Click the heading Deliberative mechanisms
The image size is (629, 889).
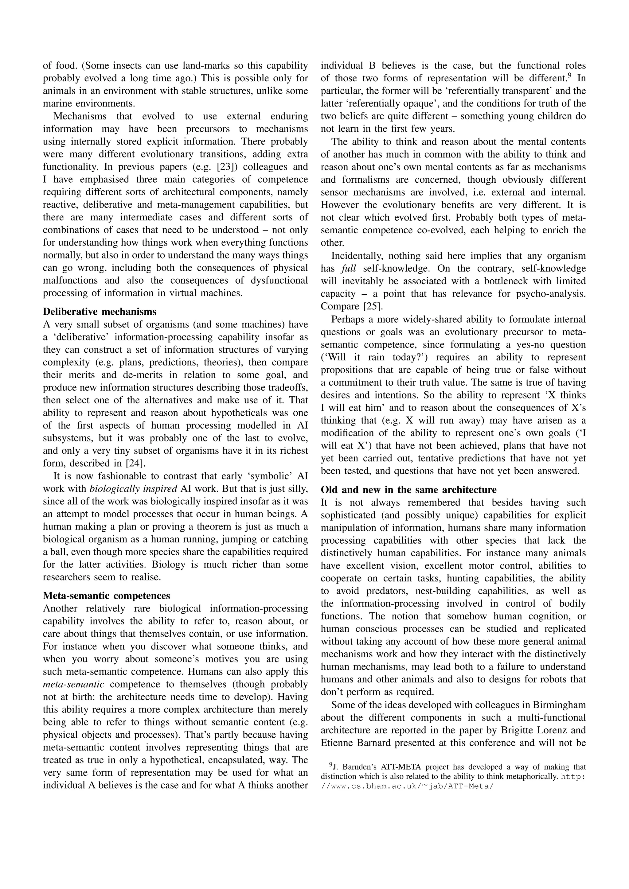pos(100,312)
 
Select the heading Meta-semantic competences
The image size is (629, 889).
pos(107,596)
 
